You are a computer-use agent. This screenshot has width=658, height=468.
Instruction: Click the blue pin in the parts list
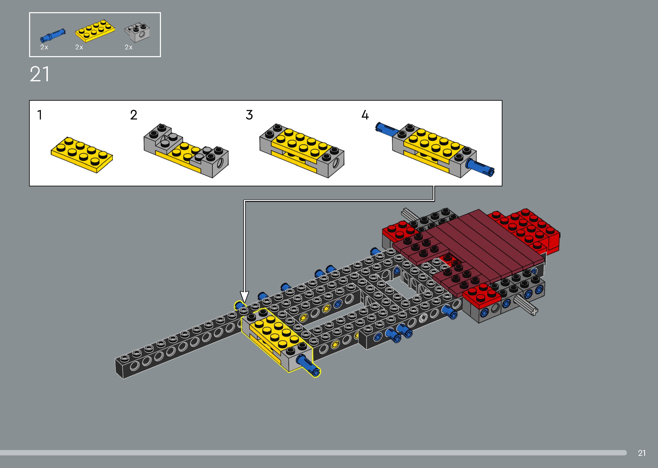coord(53,35)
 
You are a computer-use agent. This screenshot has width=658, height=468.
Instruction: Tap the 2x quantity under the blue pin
coord(44,47)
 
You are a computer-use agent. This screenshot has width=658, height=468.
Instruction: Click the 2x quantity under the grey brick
coord(129,47)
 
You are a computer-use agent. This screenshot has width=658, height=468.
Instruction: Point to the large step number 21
coord(40,74)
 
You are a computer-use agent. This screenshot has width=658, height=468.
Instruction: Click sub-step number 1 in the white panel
coord(40,115)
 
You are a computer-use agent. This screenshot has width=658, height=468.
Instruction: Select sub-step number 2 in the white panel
coord(134,115)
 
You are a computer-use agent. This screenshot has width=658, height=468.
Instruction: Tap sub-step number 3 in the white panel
coord(249,115)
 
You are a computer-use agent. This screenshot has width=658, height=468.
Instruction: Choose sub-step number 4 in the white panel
coord(365,115)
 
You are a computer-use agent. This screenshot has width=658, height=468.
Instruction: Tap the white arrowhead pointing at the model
coord(244,297)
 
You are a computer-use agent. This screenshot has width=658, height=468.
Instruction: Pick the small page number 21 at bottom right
coord(641,453)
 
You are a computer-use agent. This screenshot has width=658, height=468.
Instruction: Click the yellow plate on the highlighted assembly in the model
coord(275,331)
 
